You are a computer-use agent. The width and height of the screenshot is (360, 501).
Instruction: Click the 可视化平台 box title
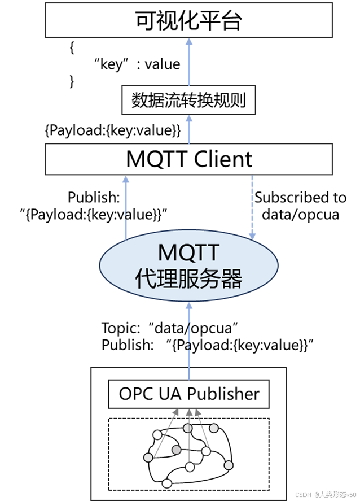[x=188, y=22]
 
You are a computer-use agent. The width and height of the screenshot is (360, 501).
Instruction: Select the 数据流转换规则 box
[x=188, y=101]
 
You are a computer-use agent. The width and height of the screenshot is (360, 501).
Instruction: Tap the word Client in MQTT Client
[x=223, y=159]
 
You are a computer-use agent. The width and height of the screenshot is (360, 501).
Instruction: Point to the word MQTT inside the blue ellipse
[x=188, y=251]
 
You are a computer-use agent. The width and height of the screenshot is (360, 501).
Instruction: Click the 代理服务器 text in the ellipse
[x=188, y=278]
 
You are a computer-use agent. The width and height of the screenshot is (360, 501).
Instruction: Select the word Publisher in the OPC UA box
[x=223, y=394]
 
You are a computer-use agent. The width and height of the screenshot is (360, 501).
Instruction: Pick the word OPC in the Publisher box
[x=133, y=394]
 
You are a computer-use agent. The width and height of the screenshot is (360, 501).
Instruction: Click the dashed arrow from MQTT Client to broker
[x=252, y=206]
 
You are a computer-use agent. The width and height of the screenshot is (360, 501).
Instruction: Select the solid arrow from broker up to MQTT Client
[x=126, y=206]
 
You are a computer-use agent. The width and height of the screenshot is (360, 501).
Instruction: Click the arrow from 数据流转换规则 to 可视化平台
[x=188, y=62]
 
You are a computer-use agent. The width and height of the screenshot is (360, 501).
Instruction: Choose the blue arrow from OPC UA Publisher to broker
[x=188, y=339]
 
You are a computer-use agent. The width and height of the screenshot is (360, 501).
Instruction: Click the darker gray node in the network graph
[x=177, y=450]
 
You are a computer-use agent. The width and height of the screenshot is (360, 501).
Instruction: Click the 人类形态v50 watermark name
[x=337, y=493]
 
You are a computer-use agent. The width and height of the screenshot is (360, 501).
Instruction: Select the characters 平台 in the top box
[x=223, y=22]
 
